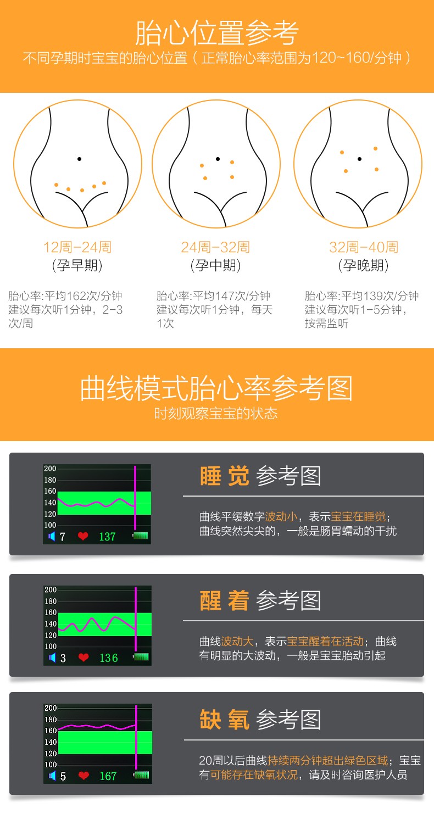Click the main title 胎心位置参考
click(217, 33)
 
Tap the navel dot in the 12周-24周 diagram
click(79, 159)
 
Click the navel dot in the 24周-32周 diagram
click(218, 159)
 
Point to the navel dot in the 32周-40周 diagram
click(359, 159)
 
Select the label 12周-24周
click(77, 247)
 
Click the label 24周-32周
click(215, 247)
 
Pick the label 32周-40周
click(364, 247)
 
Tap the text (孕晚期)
click(363, 265)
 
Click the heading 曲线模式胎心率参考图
click(216, 388)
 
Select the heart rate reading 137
click(107, 537)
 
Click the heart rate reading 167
click(108, 776)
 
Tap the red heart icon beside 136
click(84, 657)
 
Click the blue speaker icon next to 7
click(52, 536)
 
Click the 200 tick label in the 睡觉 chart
click(50, 469)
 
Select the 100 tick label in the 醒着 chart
click(51, 646)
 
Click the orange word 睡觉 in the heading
click(225, 476)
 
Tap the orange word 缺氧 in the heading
click(225, 719)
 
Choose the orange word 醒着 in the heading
click(225, 600)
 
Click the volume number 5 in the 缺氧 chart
click(63, 776)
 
